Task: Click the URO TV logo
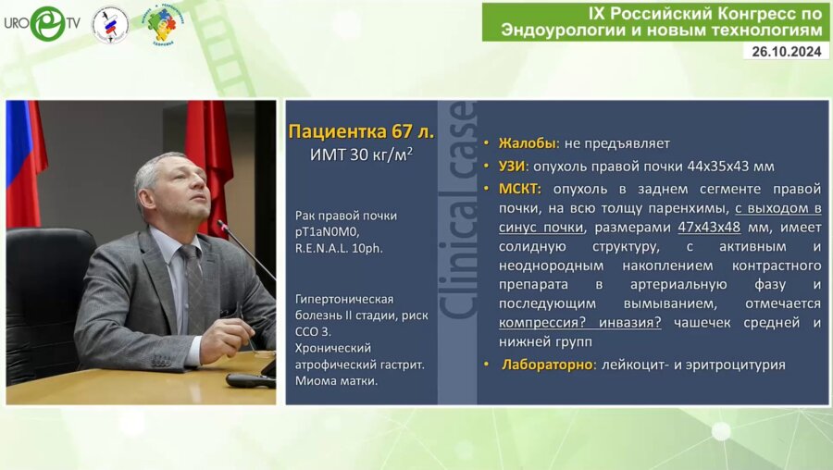pyautogui.click(x=43, y=22)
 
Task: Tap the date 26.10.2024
pyautogui.click(x=786, y=52)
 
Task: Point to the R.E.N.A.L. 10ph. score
pyautogui.click(x=340, y=248)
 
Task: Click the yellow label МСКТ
pyautogui.click(x=519, y=189)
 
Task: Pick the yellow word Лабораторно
pyautogui.click(x=546, y=365)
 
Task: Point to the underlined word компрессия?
pyautogui.click(x=541, y=323)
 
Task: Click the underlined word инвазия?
pyautogui.click(x=628, y=323)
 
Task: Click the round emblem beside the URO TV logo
pyautogui.click(x=111, y=24)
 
